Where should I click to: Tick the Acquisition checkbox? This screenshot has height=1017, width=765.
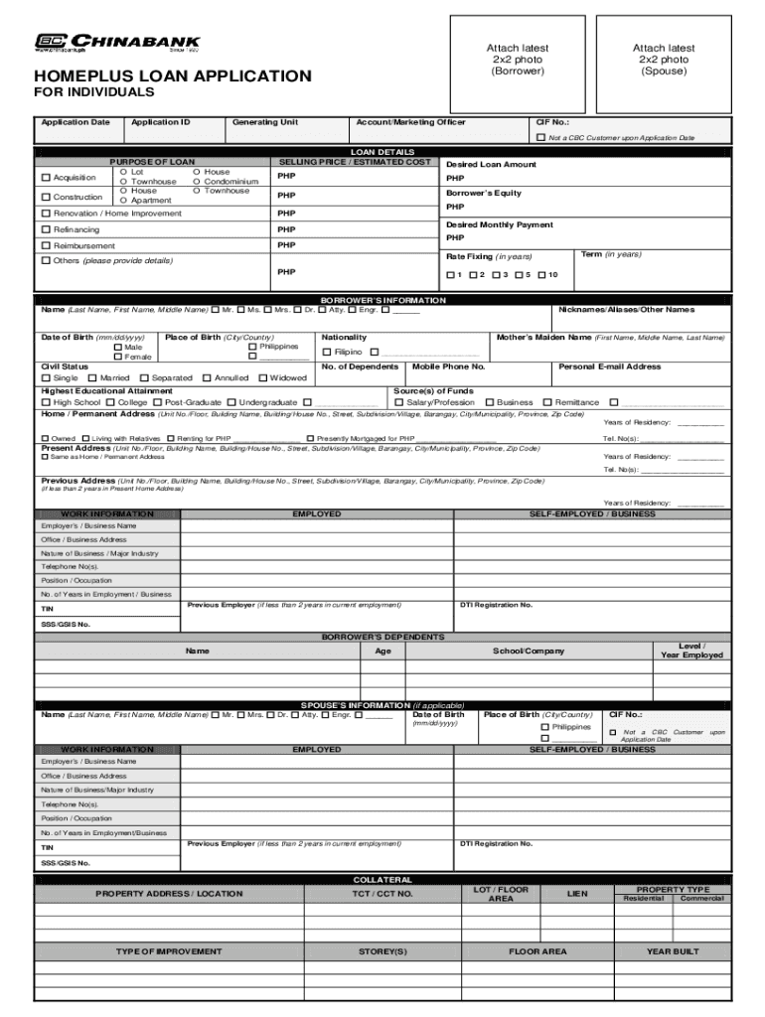[46, 178]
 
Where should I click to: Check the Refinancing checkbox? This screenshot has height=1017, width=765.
[46, 229]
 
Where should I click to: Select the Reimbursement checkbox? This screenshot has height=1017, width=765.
[46, 245]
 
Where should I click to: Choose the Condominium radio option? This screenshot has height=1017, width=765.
[197, 182]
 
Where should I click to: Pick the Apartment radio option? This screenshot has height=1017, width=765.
[124, 201]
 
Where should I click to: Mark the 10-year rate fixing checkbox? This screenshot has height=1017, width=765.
[541, 275]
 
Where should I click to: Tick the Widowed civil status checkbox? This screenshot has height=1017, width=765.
[263, 378]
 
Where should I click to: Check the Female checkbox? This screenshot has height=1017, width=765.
[118, 357]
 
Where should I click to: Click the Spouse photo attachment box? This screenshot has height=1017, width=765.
[664, 60]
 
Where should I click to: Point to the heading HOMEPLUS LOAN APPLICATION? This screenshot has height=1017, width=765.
[173, 76]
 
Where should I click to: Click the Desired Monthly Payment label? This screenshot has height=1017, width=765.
[500, 225]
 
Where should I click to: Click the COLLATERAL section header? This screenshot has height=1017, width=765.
[382, 880]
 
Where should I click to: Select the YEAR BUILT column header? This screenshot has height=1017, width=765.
[673, 951]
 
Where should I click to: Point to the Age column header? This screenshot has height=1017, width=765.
[382, 652]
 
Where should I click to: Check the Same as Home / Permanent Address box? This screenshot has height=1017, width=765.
[45, 457]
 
